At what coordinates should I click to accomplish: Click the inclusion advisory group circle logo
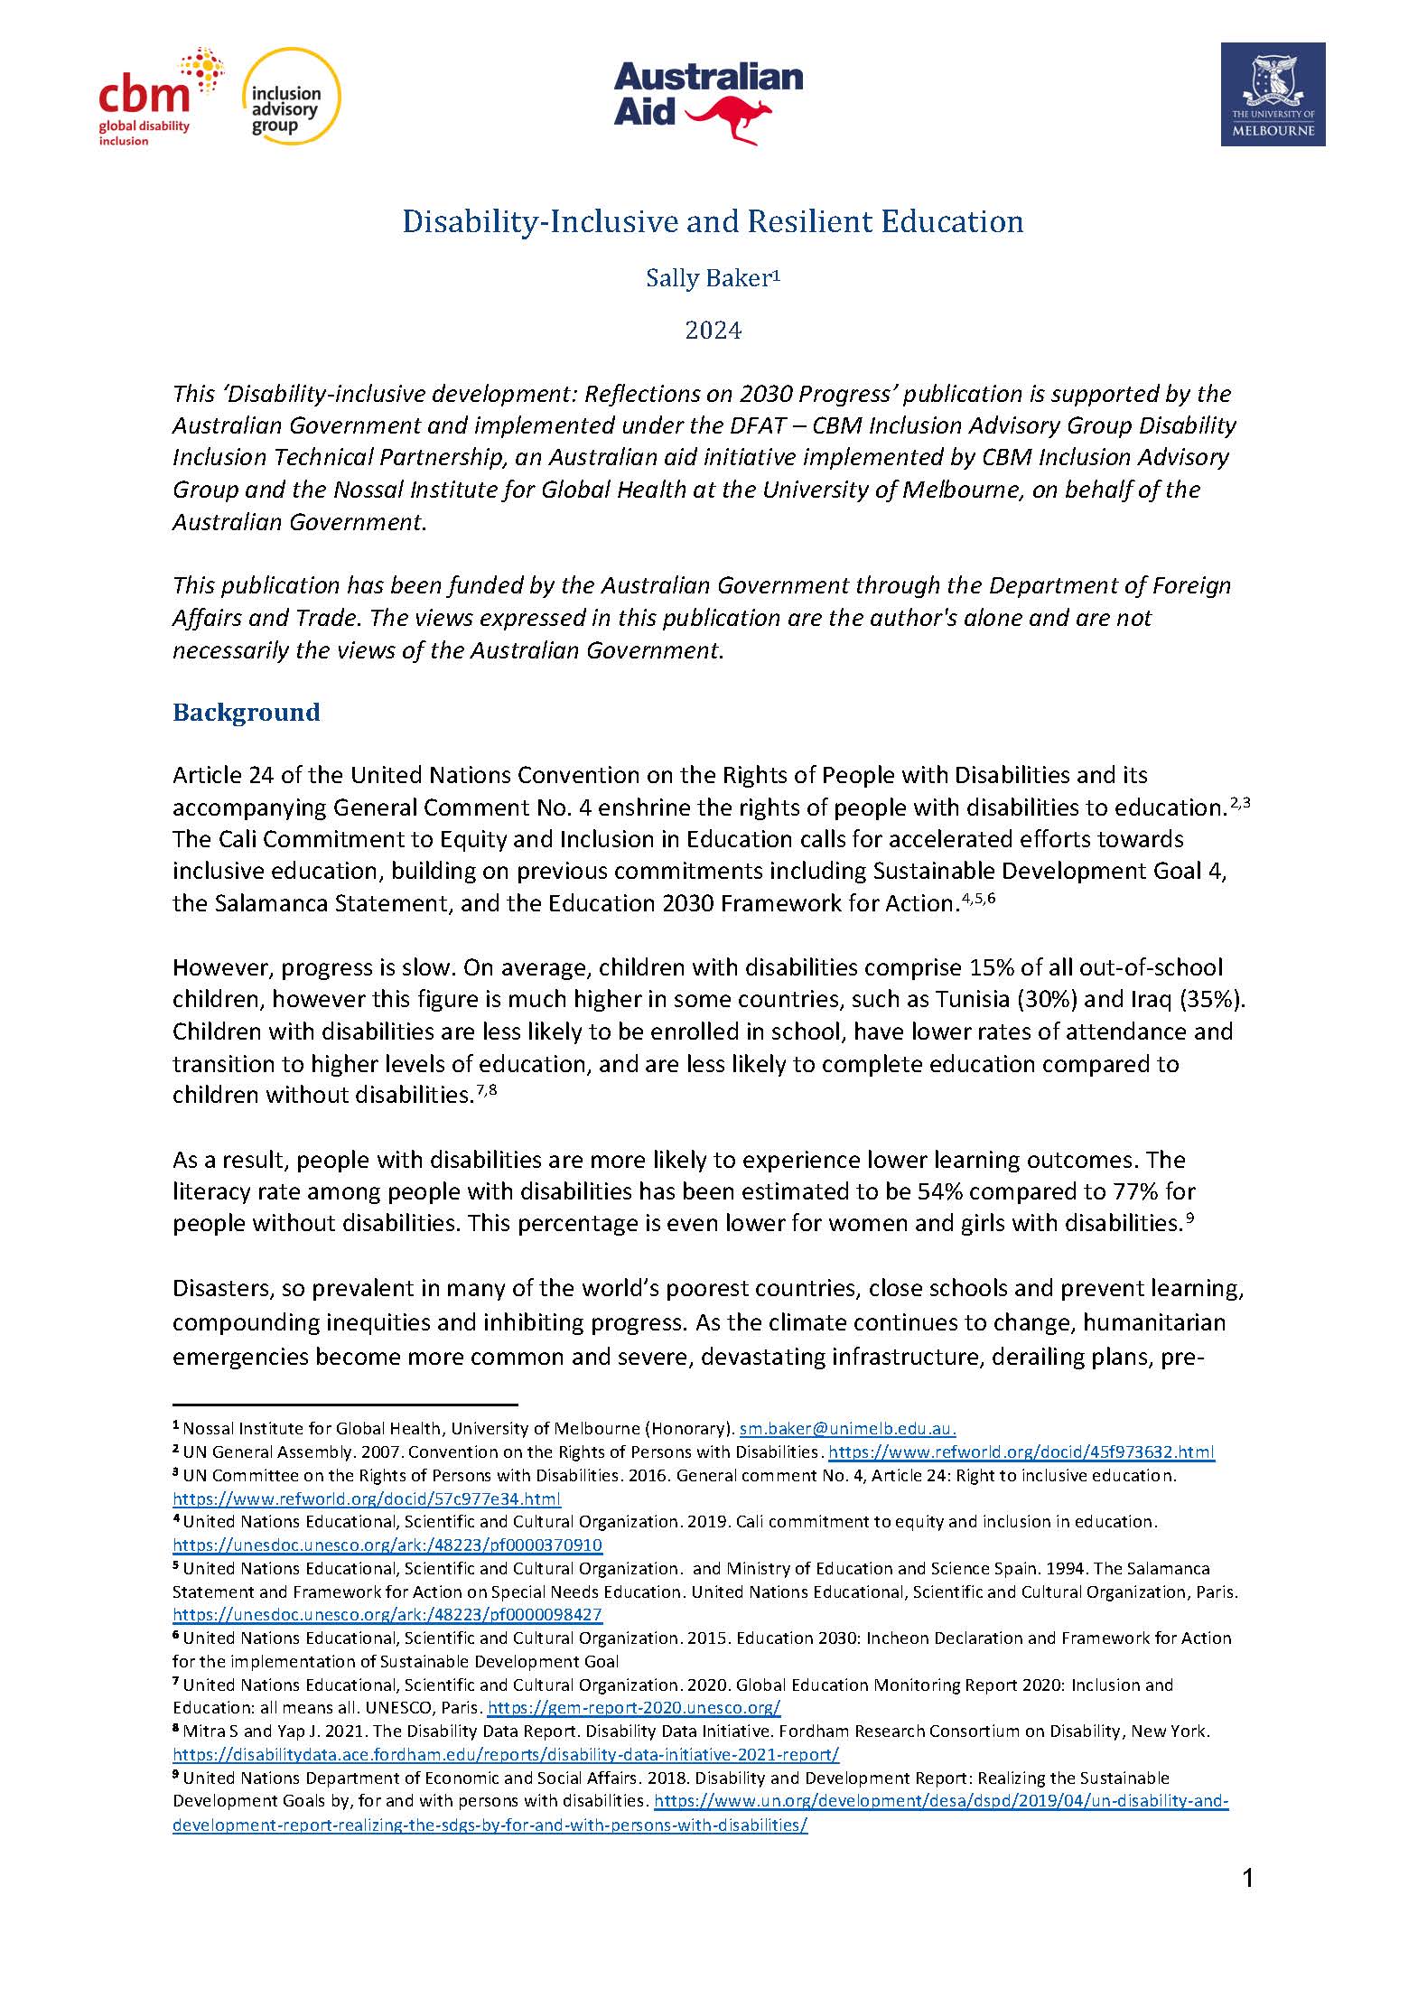coord(293,96)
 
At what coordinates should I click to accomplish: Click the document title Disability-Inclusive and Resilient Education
coord(713,221)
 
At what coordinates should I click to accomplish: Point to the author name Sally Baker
coord(712,279)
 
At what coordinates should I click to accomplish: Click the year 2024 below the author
coord(713,331)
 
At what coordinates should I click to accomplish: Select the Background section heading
coord(246,713)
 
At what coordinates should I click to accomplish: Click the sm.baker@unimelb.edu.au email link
coord(847,1429)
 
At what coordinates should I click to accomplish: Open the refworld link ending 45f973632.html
coord(1021,1452)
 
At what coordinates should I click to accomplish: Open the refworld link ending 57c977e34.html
coord(367,1499)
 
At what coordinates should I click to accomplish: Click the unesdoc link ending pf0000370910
coord(387,1545)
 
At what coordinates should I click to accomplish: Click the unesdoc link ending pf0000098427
coord(387,1615)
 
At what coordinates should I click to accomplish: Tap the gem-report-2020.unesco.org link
coord(634,1708)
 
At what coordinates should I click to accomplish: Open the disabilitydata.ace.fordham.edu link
coord(506,1755)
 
